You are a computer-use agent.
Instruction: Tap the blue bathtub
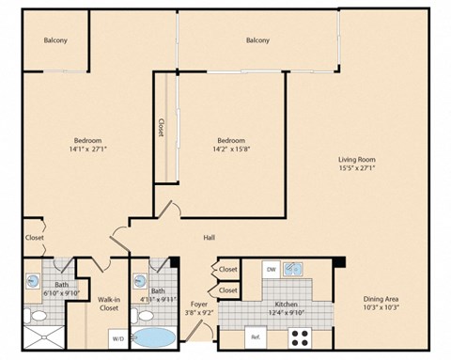coord(153,337)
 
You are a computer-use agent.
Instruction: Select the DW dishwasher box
coord(271,270)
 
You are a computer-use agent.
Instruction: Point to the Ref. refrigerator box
coord(254,336)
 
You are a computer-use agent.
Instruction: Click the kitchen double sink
coord(295,270)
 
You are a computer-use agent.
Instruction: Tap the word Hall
coord(209,237)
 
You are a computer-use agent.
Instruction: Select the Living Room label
coord(357,160)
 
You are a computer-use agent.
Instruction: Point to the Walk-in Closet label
coord(108,304)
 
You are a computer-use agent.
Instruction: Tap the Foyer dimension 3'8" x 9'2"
coord(198,312)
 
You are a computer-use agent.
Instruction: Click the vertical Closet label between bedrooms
coord(162,127)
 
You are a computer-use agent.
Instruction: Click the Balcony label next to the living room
coord(257,40)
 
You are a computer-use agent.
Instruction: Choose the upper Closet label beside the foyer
coord(228,270)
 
